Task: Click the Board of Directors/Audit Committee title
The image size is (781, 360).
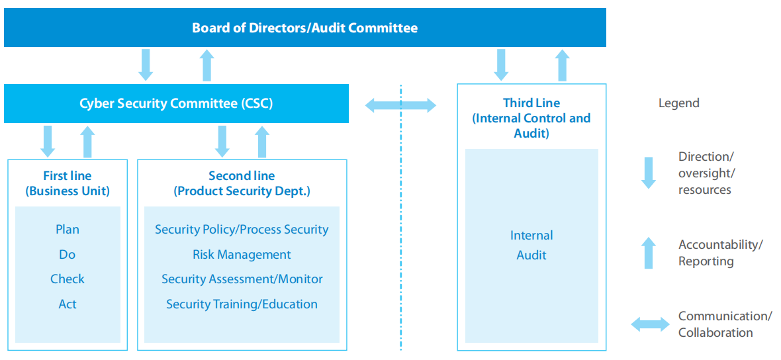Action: pos(304,28)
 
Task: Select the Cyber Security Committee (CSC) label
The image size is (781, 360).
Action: pos(176,103)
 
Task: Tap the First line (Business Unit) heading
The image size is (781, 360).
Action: pos(68,183)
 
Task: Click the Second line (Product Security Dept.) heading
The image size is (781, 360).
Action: pos(242,183)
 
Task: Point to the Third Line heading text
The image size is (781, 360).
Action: pos(531,118)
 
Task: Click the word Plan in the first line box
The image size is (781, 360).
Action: pos(68,230)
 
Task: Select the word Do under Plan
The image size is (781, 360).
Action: pos(68,255)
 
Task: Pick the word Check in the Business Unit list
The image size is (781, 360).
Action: pos(68,279)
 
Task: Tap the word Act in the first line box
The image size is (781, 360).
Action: pos(68,304)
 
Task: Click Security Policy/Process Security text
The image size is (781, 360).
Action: pos(242,230)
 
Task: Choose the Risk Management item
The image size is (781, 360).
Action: pos(242,255)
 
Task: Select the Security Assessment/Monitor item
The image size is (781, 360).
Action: pos(242,279)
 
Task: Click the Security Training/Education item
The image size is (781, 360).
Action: pos(242,304)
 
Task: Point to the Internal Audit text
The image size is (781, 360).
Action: pos(531,245)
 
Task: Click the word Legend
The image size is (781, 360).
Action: pos(678,103)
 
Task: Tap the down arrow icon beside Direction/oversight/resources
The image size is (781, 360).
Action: pos(649,173)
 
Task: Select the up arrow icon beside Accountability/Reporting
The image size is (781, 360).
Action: pos(649,253)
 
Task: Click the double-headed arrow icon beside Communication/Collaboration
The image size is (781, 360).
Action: pos(650,324)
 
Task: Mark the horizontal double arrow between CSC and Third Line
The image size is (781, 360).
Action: pos(401,105)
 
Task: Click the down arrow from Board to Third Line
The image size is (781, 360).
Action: pos(501,65)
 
